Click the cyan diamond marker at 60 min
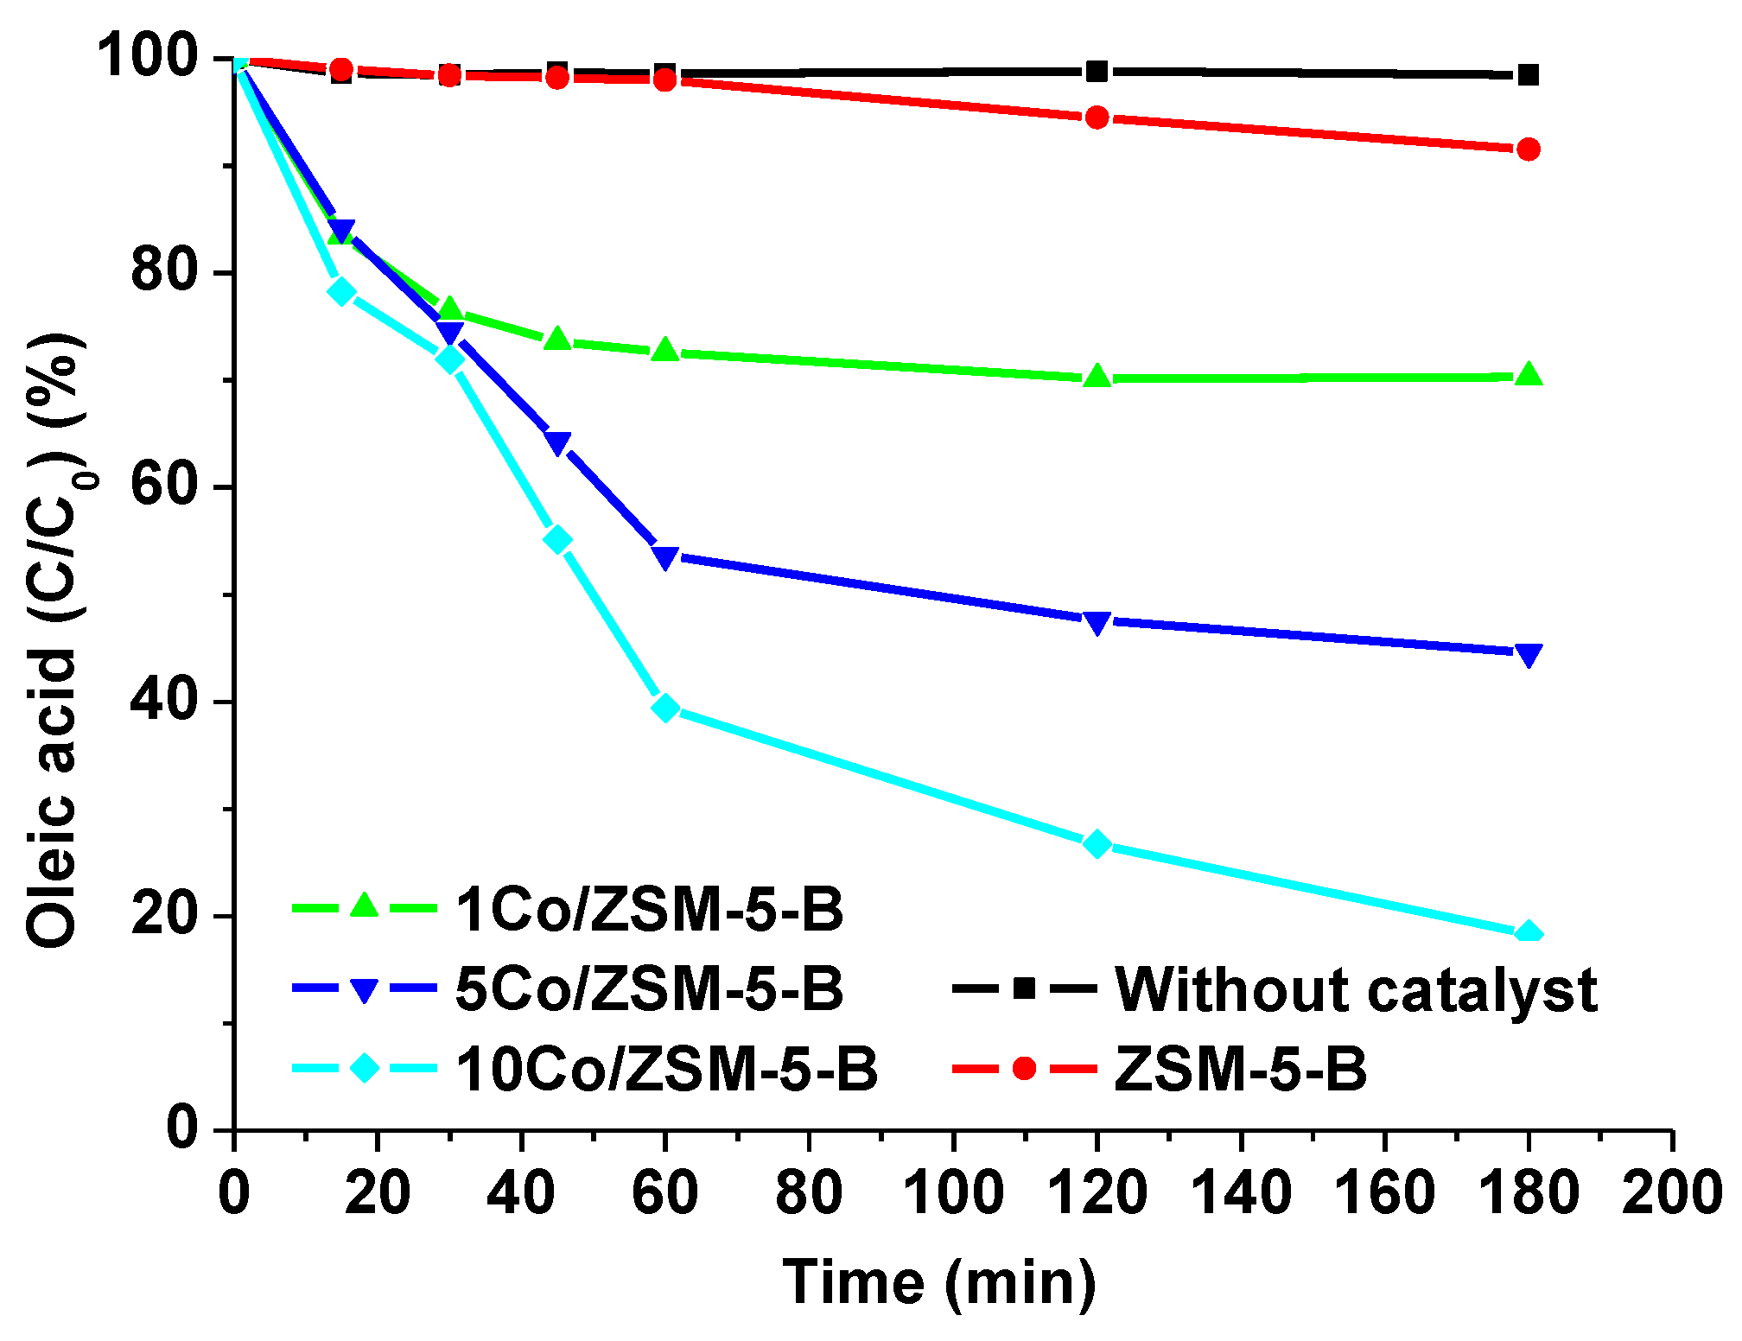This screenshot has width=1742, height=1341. pyautogui.click(x=665, y=708)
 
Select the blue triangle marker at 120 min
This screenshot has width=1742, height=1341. pyautogui.click(x=1097, y=622)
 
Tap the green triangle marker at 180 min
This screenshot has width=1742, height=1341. pyautogui.click(x=1528, y=375)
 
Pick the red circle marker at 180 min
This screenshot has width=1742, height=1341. pyautogui.click(x=1528, y=149)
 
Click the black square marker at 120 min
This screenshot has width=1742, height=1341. pyautogui.click(x=1097, y=71)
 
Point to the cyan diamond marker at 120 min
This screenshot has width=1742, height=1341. pyautogui.click(x=1097, y=844)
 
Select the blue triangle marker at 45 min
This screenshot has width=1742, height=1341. pyautogui.click(x=558, y=443)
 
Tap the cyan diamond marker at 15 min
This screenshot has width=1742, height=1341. pyautogui.click(x=342, y=292)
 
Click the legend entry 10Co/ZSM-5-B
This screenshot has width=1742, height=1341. pyautogui.click(x=665, y=1070)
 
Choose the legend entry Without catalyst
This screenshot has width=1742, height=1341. pyautogui.click(x=1355, y=989)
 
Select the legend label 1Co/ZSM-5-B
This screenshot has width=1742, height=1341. pyautogui.click(x=648, y=910)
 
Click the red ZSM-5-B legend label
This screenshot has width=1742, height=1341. pyautogui.click(x=1240, y=1070)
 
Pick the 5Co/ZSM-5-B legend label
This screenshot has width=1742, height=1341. pyautogui.click(x=648, y=989)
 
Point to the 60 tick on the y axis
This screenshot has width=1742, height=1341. pyautogui.click(x=164, y=486)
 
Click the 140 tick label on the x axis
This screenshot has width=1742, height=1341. pyautogui.click(x=1241, y=1193)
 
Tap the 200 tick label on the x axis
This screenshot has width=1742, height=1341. pyautogui.click(x=1671, y=1193)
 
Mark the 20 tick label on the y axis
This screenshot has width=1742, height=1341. pyautogui.click(x=164, y=915)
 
